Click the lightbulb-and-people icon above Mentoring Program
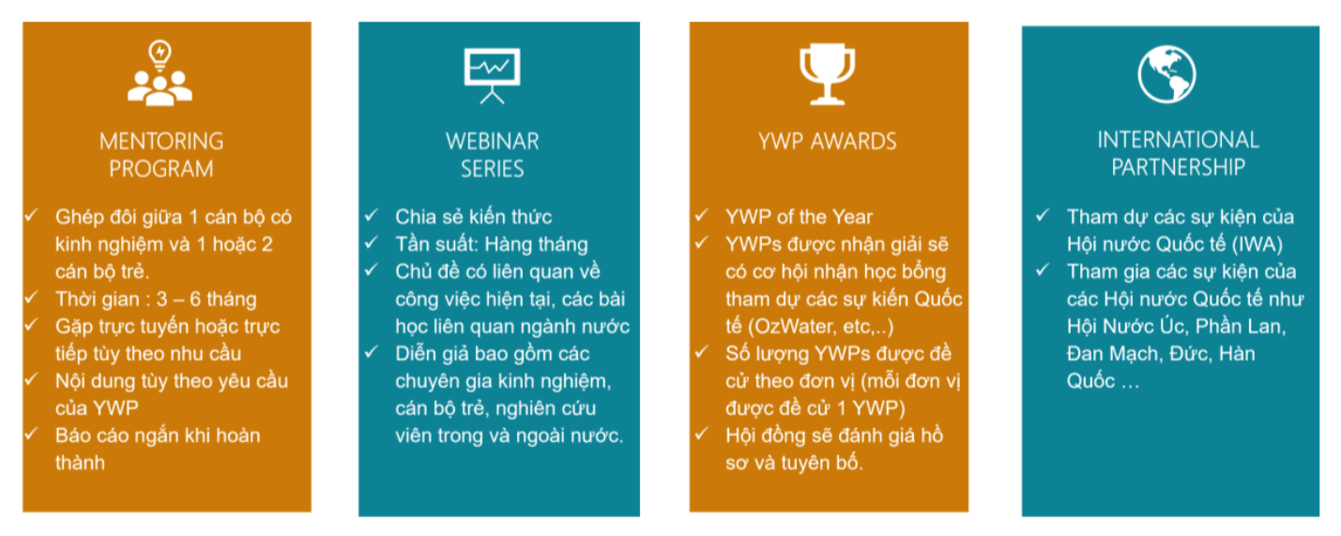(160, 73)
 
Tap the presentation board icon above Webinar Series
(492, 76)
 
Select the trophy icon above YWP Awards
(828, 74)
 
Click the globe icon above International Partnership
(1166, 74)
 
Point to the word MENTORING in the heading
(161, 142)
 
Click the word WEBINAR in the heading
(492, 142)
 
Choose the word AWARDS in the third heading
(854, 142)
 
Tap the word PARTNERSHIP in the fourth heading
(1178, 167)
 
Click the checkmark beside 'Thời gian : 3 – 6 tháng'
(31, 297)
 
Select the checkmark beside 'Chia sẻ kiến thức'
(372, 215)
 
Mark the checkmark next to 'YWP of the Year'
(702, 215)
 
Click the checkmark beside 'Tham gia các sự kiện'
(1043, 270)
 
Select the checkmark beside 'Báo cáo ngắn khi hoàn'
(31, 434)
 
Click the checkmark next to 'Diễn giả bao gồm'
(372, 352)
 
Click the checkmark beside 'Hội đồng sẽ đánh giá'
(702, 434)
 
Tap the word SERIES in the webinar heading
(492, 169)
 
